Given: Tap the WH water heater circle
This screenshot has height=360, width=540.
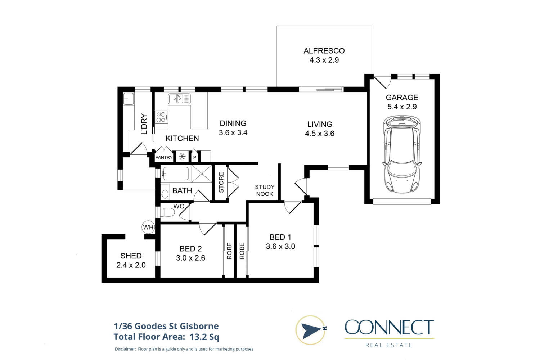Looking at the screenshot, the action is point(148,227).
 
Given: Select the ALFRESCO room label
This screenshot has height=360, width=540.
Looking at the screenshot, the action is point(324,51).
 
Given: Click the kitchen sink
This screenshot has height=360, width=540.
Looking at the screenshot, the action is point(179,99).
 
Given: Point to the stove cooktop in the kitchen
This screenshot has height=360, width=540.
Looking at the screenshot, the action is point(161,117).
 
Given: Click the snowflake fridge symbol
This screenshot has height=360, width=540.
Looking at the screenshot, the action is point(182,157).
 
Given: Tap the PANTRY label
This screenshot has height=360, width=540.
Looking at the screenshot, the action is point(164,157).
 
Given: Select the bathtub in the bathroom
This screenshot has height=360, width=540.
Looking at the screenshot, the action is point(175,174).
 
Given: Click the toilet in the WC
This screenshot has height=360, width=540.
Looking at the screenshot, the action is point(167,212).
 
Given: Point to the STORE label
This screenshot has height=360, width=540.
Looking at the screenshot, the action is point(221,182).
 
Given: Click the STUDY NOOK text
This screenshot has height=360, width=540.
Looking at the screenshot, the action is point(265,190).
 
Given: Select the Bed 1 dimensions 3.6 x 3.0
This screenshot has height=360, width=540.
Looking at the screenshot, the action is point(280,247).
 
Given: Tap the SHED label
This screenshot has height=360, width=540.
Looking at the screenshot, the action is point(131,256).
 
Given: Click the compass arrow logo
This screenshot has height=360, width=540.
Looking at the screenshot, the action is point(311,330).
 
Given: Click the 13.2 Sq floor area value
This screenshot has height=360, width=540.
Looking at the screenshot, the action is point(204,337).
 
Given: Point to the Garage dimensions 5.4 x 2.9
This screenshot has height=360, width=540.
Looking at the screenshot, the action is point(402,107).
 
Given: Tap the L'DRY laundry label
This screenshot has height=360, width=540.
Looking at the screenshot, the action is point(144,124).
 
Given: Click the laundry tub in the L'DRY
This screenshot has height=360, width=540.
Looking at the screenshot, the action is point(129,99).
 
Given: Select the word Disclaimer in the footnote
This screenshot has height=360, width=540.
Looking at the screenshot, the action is point(125,349).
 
